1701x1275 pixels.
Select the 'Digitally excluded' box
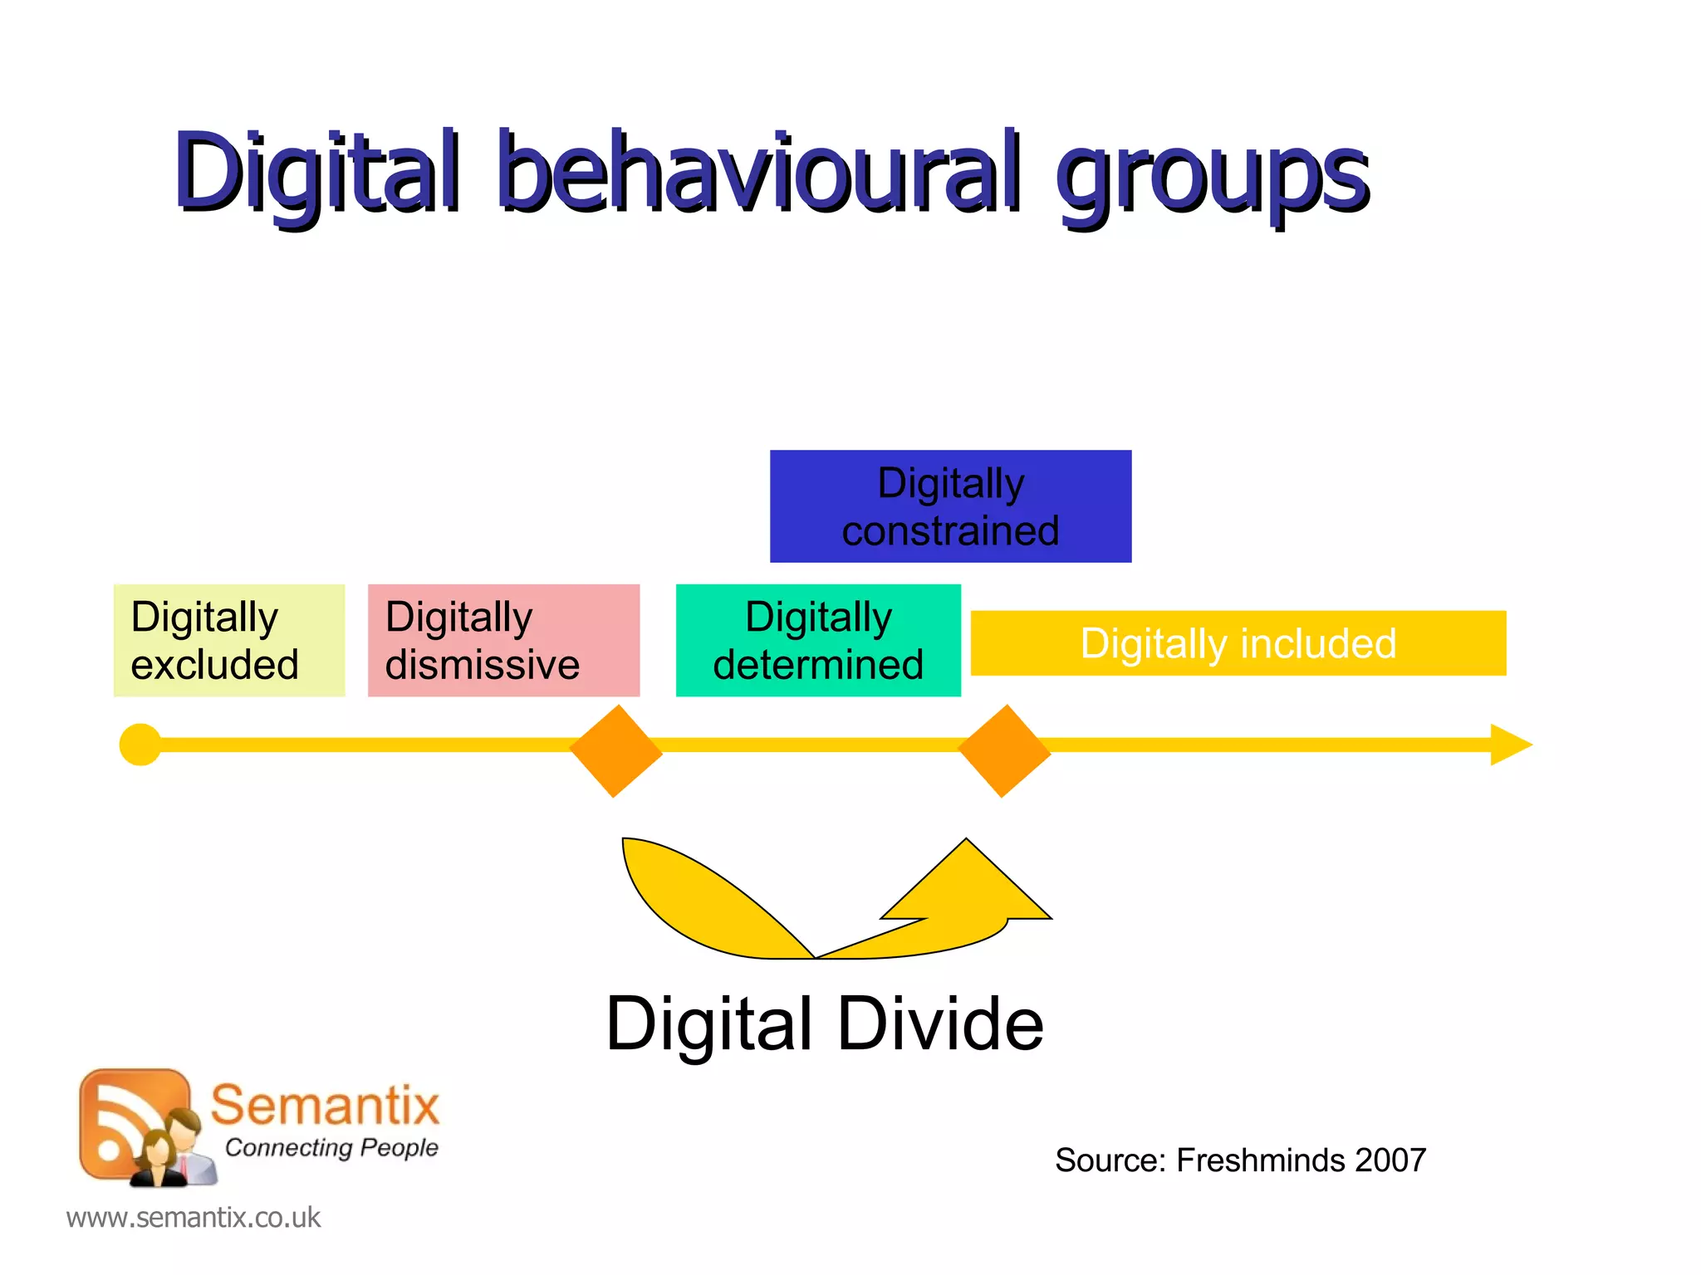(x=228, y=640)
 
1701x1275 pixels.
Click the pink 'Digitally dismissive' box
(x=503, y=640)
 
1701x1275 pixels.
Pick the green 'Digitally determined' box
(x=818, y=640)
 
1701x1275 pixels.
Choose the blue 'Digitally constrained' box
(x=950, y=506)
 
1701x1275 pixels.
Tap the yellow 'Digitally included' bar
(x=1238, y=643)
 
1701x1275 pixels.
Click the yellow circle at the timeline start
(x=140, y=745)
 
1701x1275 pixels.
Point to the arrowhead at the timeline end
(x=1510, y=745)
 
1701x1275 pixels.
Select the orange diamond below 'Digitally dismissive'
(x=615, y=751)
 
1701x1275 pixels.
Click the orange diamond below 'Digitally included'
(x=1004, y=751)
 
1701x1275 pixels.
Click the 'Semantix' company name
(x=324, y=1105)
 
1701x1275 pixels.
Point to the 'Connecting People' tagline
(x=331, y=1147)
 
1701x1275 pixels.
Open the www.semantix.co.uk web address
(x=193, y=1218)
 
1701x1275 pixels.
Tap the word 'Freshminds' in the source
(x=1259, y=1160)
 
